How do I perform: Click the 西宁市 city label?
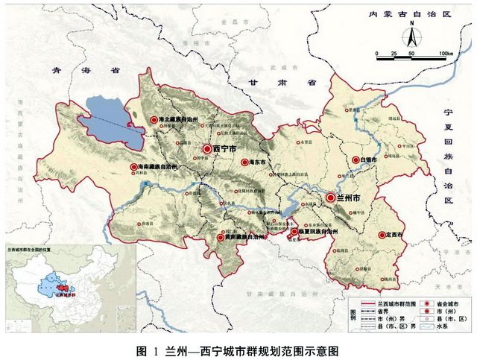[x=224, y=149]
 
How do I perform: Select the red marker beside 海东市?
[x=244, y=161]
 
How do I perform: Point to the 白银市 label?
[x=367, y=160]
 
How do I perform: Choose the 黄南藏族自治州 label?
[x=244, y=237]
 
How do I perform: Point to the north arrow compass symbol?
[x=409, y=36]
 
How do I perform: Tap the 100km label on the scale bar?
[x=446, y=54]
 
